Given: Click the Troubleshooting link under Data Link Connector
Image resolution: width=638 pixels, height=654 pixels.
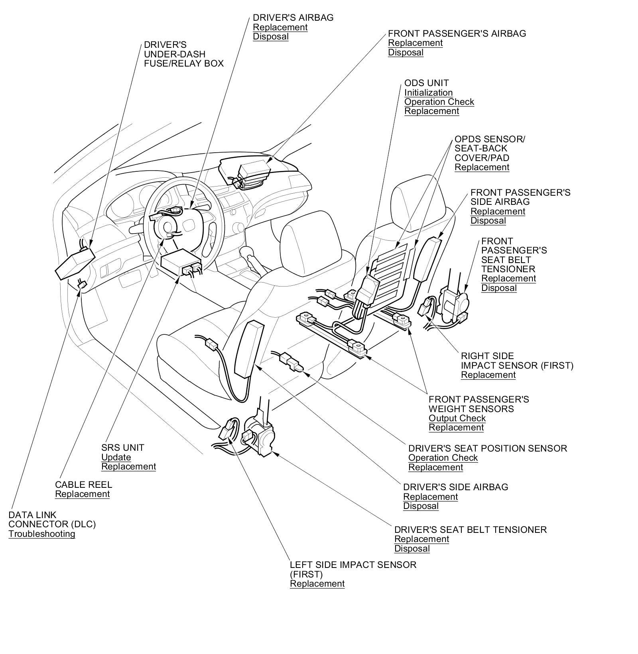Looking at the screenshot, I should [x=42, y=534].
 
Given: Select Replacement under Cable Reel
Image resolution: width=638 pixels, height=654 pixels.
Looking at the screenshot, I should [x=82, y=494].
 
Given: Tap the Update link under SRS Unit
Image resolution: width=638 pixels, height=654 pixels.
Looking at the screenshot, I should [x=116, y=457].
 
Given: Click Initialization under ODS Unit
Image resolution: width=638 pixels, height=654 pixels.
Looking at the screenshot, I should [x=428, y=92].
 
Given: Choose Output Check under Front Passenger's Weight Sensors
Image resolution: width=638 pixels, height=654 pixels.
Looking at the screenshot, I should [x=457, y=418].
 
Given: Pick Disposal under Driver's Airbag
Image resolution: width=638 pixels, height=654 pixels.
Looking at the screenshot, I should [x=271, y=37].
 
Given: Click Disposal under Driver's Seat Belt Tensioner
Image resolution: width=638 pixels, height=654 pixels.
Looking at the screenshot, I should [x=412, y=548].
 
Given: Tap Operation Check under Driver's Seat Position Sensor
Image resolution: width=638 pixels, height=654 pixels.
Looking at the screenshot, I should [x=443, y=458].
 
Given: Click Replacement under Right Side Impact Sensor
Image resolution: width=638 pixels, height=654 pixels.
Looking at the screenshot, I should [x=488, y=375].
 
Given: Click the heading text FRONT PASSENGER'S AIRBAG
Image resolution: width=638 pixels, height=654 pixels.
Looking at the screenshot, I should [x=457, y=33].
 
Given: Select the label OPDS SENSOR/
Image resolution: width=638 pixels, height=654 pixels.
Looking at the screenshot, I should [x=490, y=139].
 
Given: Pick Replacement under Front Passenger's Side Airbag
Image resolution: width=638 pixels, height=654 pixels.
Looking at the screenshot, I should [x=498, y=211].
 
